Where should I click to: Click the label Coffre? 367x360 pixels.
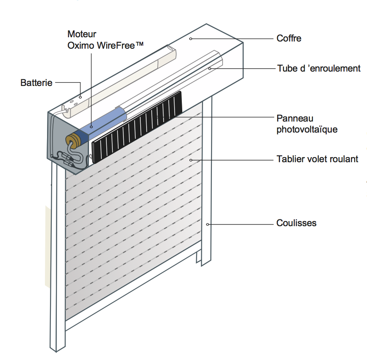point(289,39)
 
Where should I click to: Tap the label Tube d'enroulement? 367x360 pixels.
point(319,68)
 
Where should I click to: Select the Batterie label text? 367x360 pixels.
point(36,83)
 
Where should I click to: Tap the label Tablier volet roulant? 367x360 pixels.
point(317,159)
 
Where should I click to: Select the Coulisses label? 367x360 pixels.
point(296,223)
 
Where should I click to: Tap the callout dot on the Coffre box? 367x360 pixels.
point(191,39)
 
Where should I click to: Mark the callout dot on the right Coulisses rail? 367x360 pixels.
point(207,224)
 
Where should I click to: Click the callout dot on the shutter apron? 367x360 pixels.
point(191,160)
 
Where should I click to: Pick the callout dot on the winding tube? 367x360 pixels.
point(209,68)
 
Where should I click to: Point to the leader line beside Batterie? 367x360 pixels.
point(67,83)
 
